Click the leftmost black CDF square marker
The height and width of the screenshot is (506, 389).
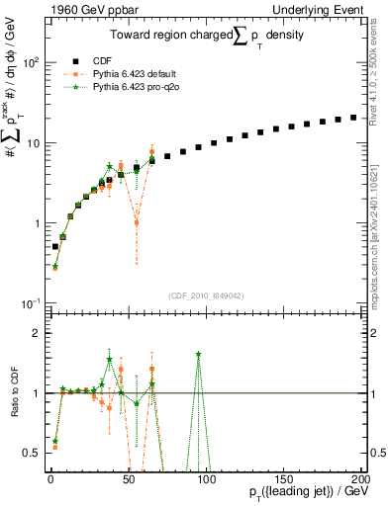click(x=55, y=246)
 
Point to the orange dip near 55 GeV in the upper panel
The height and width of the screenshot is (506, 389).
click(x=137, y=222)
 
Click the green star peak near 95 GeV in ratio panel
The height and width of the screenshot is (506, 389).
click(x=199, y=354)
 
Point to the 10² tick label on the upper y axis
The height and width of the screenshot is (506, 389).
click(x=30, y=63)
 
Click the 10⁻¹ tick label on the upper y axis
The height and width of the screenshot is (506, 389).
click(x=30, y=303)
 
